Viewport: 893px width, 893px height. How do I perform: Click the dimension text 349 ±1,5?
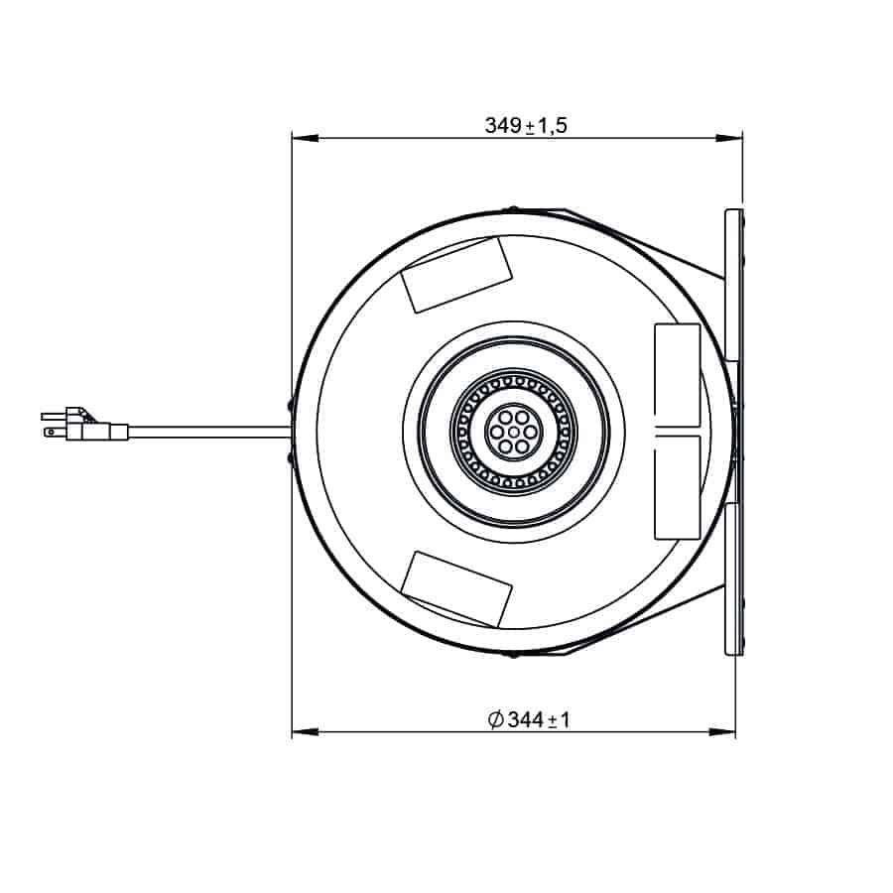pos(526,125)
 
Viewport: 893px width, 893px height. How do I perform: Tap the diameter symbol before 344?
pos(496,720)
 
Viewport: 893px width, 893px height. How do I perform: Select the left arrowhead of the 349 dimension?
pos(305,138)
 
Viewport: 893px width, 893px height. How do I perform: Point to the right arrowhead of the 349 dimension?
pos(729,138)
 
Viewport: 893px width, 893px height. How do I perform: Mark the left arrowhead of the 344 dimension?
pos(305,732)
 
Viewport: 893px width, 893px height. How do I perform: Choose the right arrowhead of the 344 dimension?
pos(722,732)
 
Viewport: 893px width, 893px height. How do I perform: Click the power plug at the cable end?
pos(85,425)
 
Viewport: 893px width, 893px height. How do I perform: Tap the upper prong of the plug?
pos(54,417)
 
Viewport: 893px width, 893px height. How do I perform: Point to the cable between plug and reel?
pos(209,433)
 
